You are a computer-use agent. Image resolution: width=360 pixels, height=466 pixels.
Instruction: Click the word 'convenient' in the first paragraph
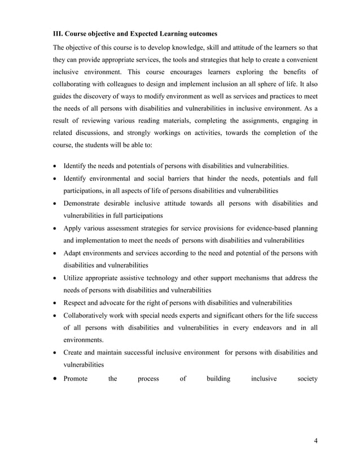[298, 60]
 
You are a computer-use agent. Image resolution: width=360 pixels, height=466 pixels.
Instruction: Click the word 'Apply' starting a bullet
[73, 228]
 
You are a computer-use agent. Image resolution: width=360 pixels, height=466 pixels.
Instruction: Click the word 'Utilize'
[75, 278]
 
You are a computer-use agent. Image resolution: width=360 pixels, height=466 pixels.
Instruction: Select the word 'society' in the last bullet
[307, 379]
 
